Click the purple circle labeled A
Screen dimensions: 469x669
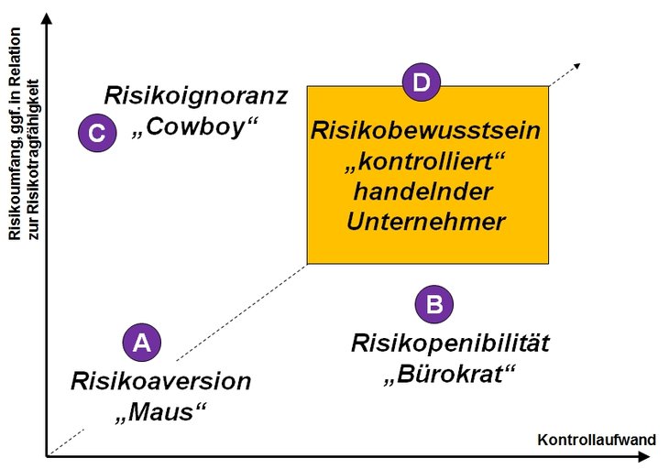[x=141, y=344]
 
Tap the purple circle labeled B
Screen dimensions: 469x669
[x=434, y=304]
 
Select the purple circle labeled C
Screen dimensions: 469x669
[x=96, y=133]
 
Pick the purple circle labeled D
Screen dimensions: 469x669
[x=421, y=84]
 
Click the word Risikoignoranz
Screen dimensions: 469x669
[x=196, y=95]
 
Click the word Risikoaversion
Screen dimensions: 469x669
[x=160, y=381]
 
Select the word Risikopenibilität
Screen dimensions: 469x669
[x=450, y=344]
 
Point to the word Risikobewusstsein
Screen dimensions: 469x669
[x=426, y=131]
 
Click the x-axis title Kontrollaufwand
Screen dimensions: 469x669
[x=597, y=440]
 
